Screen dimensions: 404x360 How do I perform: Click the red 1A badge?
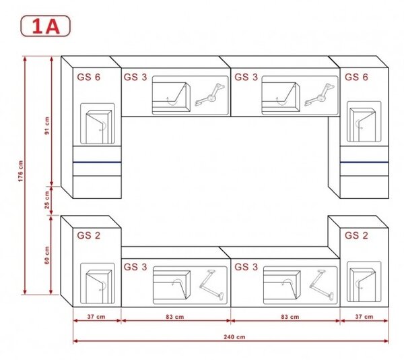[x=45, y=26]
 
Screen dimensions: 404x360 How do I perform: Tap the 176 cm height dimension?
[x=21, y=171]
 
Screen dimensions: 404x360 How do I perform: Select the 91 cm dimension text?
[x=47, y=125]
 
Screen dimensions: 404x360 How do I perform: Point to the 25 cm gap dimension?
[x=47, y=200]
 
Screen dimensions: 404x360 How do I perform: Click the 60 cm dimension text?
[x=47, y=255]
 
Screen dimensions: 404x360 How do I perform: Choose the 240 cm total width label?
[x=234, y=337]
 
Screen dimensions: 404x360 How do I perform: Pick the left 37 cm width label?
[x=96, y=317]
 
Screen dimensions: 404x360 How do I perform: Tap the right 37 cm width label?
[x=364, y=317]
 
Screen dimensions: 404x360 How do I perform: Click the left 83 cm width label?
[x=175, y=317]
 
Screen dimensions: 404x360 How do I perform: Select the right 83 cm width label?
[x=290, y=317]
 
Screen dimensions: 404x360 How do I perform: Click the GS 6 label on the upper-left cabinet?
[x=89, y=77]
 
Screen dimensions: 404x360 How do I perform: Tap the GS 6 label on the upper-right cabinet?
[x=356, y=77]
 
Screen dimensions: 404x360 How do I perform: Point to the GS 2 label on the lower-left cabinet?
[x=89, y=235]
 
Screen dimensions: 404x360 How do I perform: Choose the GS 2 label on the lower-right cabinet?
[x=356, y=235]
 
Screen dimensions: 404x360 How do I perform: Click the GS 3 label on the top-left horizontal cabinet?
[x=135, y=77]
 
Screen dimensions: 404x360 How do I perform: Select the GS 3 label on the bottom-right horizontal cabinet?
[x=246, y=267]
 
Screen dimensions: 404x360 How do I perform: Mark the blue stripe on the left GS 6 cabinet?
[x=97, y=162]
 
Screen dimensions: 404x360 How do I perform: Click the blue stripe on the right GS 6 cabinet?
[x=364, y=162]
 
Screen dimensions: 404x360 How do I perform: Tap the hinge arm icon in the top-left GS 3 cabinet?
[x=210, y=94]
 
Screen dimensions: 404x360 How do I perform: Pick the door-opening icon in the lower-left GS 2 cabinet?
[x=98, y=283]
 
